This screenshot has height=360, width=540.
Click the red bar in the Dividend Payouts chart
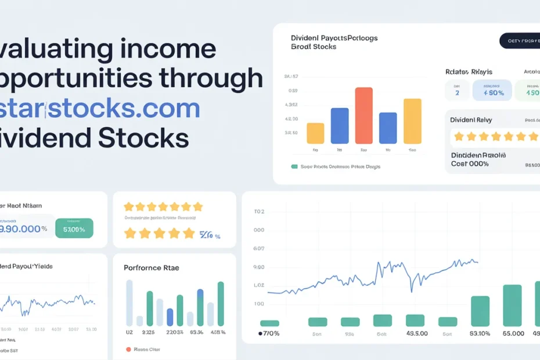363,115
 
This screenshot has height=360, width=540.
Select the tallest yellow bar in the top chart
412,121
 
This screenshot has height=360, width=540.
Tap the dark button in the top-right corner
519,41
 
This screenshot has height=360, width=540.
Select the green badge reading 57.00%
74,228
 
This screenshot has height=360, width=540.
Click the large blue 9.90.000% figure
24,228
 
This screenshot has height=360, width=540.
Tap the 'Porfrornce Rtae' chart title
152,268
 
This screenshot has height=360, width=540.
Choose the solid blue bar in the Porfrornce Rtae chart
170,317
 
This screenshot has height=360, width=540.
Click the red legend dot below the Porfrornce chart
128,350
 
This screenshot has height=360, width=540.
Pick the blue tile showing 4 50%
492,91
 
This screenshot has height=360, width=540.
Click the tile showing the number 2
457,92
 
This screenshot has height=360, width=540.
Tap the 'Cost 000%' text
470,164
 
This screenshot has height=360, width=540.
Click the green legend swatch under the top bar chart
294,167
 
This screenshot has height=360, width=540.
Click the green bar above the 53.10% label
480,311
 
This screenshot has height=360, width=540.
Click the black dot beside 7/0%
261,334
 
